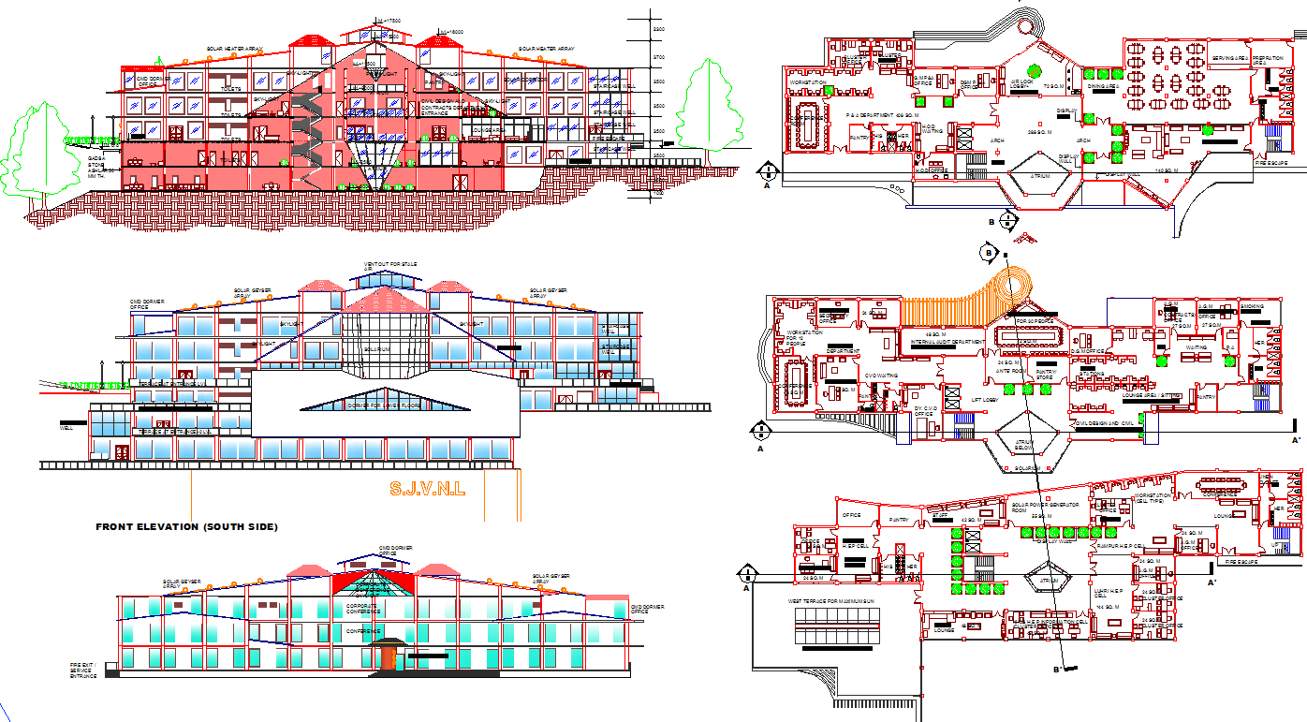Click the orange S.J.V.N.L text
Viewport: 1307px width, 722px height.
pyautogui.click(x=427, y=488)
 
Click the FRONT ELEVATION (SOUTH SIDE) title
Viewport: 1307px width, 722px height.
pyautogui.click(x=186, y=527)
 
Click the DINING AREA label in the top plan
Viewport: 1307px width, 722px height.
pyautogui.click(x=1104, y=87)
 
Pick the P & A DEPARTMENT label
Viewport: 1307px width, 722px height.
pyautogui.click(x=870, y=115)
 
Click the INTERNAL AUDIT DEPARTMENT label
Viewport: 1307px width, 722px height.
pyautogui.click(x=947, y=343)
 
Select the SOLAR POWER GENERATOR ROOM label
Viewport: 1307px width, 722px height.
pyautogui.click(x=1045, y=508)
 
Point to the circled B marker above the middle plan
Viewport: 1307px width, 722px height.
pyautogui.click(x=988, y=252)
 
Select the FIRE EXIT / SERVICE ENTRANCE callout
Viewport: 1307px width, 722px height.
pyautogui.click(x=83, y=670)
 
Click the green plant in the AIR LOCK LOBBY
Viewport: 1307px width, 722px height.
pyautogui.click(x=1034, y=71)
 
